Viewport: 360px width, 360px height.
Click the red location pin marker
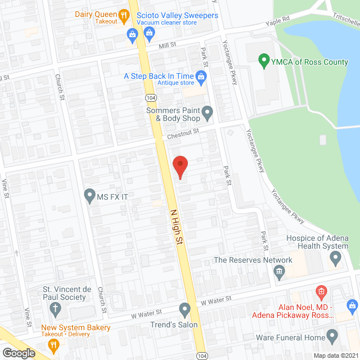[x=179, y=167]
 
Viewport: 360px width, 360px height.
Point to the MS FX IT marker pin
[x=89, y=196]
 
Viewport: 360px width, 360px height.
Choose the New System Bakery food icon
[x=55, y=344]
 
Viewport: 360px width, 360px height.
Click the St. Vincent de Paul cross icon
[x=55, y=308]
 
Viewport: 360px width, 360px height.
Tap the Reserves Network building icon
[x=278, y=273]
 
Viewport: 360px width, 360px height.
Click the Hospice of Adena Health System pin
[x=336, y=259]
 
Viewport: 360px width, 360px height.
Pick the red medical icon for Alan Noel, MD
[x=321, y=291]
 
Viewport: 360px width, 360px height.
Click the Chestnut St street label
[x=183, y=133]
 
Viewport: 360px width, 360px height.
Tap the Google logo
[x=18, y=353]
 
